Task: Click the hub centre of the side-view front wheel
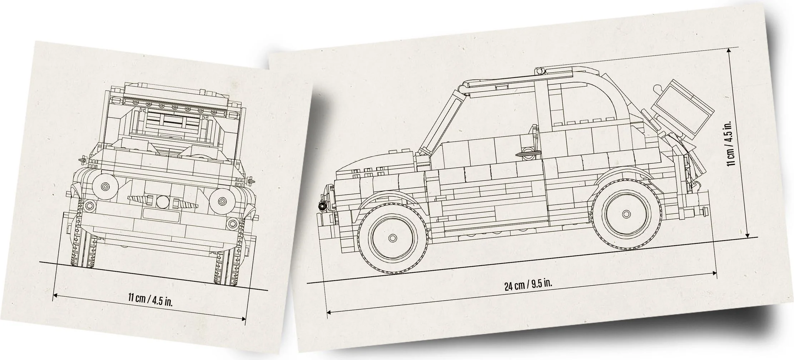click(x=392, y=238)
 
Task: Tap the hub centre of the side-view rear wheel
click(x=626, y=214)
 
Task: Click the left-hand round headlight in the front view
click(x=105, y=186)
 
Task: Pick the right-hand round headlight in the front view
click(x=222, y=201)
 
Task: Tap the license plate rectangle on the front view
click(x=160, y=215)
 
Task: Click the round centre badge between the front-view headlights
click(x=162, y=202)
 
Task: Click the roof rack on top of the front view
click(x=175, y=104)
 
